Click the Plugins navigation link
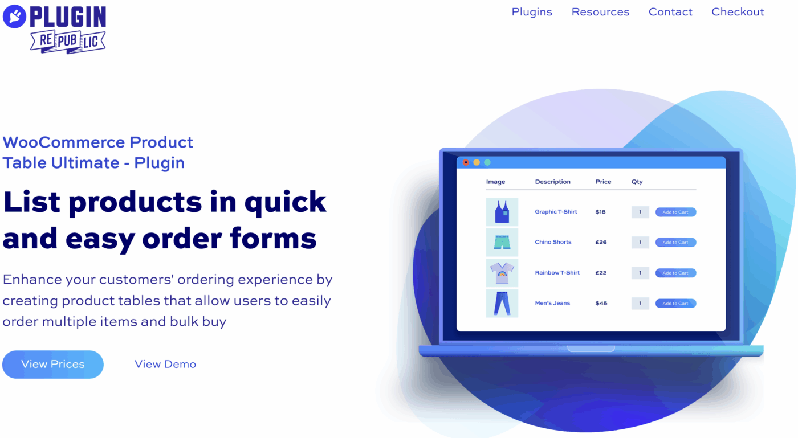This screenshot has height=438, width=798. coord(532,12)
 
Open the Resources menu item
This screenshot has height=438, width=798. coord(600,12)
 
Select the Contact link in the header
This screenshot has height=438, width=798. coord(670,12)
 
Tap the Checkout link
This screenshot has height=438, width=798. coord(738,12)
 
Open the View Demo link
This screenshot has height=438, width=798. coord(165,365)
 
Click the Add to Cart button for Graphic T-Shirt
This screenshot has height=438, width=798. coord(675,212)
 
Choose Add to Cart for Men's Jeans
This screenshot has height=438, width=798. coord(675,304)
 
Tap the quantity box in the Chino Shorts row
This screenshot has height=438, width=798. coord(640,243)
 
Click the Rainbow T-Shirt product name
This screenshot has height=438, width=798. coord(557,273)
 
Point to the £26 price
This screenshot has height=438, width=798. coord(601,243)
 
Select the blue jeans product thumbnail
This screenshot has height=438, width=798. coord(502,303)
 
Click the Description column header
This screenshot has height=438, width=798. coord(552,182)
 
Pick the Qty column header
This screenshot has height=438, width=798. coord(637,182)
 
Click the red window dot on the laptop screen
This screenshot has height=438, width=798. coord(466,162)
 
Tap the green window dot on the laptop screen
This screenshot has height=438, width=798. coord(487,162)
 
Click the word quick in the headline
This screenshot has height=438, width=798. coord(285,202)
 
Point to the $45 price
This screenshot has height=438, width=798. coord(601,304)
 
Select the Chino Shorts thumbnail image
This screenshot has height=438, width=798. coord(502,243)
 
